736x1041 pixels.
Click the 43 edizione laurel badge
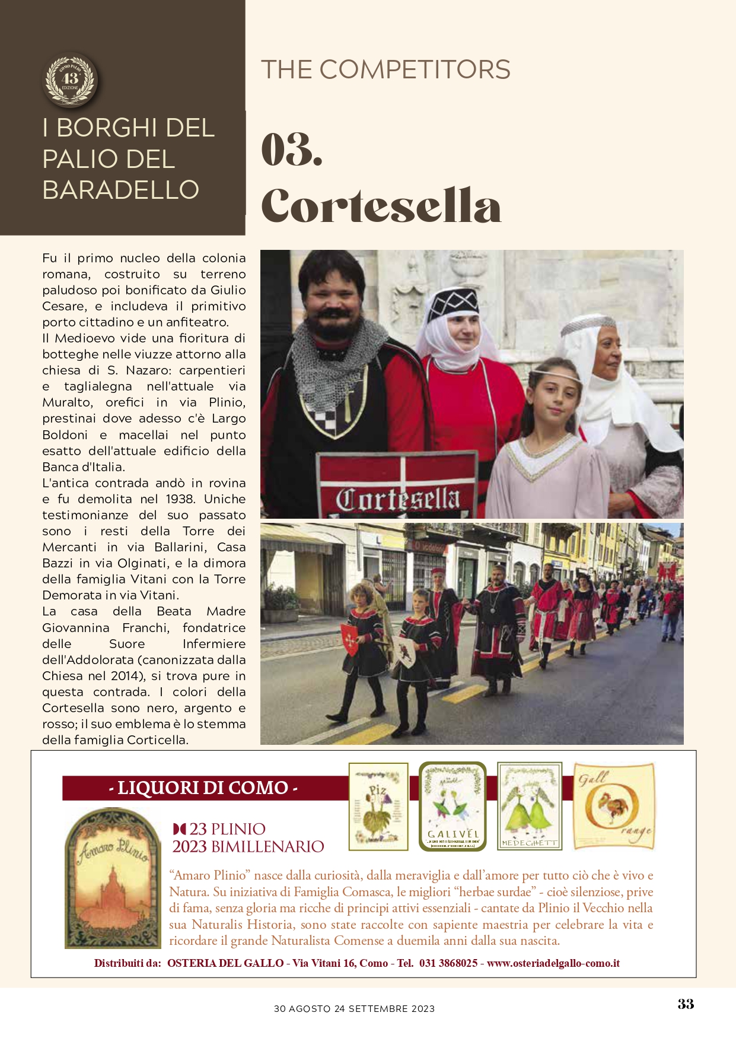[71, 80]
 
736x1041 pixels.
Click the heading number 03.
[292, 150]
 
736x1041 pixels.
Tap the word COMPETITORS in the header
[415, 69]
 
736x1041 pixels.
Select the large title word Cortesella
[381, 205]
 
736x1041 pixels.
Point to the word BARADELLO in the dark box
[121, 190]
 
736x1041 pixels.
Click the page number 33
[686, 1004]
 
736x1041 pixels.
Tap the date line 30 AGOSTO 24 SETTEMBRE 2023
[354, 1008]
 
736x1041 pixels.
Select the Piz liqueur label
[378, 806]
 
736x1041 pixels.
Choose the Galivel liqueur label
[453, 806]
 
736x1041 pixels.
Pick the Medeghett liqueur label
[530, 806]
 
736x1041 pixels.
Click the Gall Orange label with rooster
[614, 806]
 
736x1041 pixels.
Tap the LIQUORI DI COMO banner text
[203, 788]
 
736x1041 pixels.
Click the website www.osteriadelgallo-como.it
[553, 963]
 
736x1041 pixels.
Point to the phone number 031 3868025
[448, 963]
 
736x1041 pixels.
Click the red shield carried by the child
[350, 639]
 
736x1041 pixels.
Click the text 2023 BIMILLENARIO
[248, 846]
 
